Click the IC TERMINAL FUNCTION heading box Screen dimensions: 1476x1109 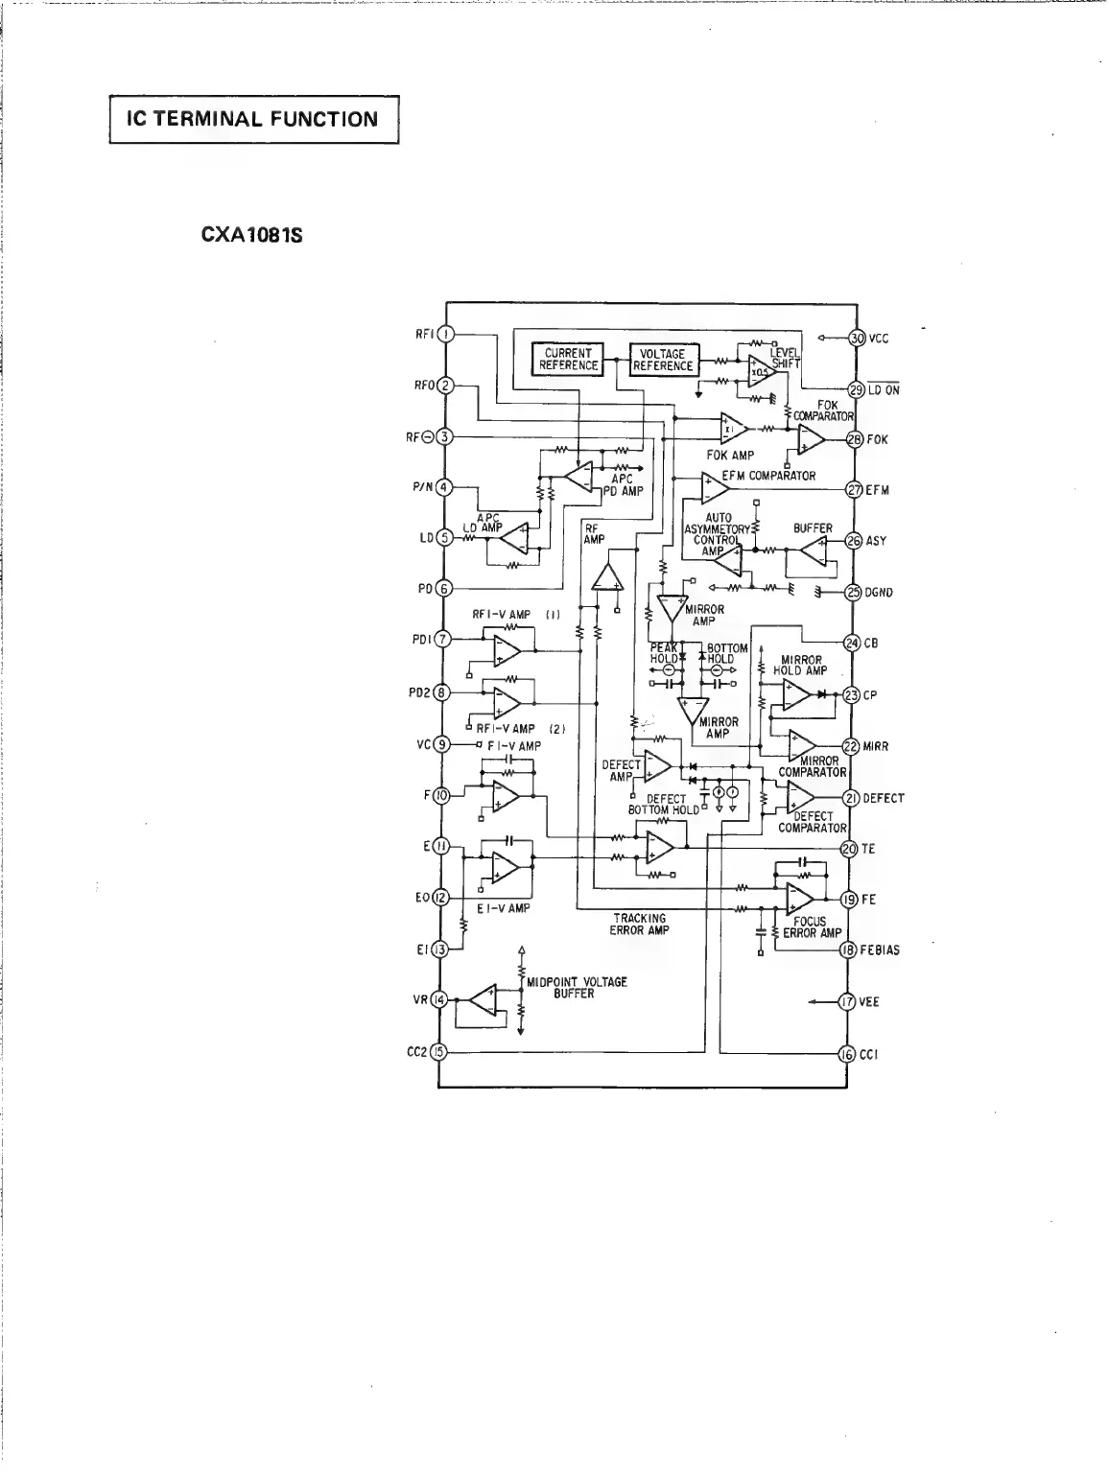(x=253, y=120)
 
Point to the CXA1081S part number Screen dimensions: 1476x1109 (x=252, y=234)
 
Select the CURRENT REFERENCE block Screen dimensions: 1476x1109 (x=568, y=360)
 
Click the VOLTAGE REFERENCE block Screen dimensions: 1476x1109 (x=663, y=360)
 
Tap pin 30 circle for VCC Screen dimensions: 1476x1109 (x=857, y=339)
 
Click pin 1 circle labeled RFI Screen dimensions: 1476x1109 (x=444, y=335)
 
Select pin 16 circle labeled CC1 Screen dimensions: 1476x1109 (x=847, y=1054)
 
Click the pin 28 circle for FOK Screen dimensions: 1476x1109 (x=856, y=440)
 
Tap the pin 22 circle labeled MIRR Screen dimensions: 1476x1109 (x=850, y=746)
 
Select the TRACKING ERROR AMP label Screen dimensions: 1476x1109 (x=640, y=925)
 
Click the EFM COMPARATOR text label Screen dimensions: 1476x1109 (x=768, y=476)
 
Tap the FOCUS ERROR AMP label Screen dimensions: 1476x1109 (x=812, y=927)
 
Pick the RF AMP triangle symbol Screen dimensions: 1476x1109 (x=605, y=577)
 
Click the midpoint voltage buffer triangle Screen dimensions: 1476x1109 (x=483, y=1001)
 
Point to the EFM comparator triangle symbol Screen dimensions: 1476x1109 (x=713, y=489)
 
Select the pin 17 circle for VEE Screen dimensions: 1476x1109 (x=847, y=1002)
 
